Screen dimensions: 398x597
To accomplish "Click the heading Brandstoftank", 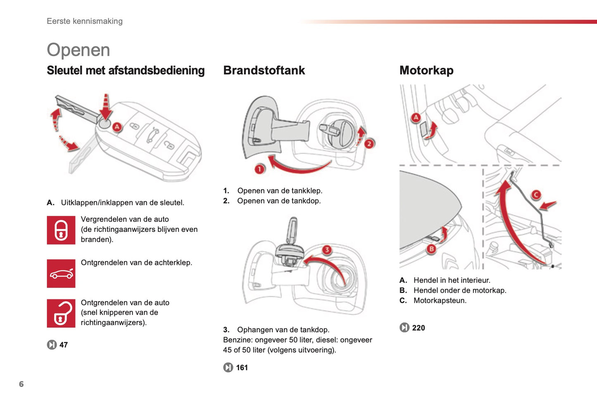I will tap(264, 70).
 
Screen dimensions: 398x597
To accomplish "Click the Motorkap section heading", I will tap(426, 70).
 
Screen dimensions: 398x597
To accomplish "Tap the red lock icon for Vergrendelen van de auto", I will tap(61, 230).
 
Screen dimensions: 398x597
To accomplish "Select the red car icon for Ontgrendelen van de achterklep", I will tap(61, 274).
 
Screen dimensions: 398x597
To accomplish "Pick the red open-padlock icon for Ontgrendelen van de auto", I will tap(61, 313).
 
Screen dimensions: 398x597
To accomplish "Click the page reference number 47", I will tap(64, 345).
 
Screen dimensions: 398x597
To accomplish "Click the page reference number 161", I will tap(242, 367).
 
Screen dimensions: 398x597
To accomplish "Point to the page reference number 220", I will tap(418, 328).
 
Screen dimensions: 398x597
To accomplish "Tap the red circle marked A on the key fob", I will tap(117, 127).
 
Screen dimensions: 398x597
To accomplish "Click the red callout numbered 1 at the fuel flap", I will tap(259, 169).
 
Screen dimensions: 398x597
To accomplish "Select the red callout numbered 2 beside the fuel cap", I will tap(369, 143).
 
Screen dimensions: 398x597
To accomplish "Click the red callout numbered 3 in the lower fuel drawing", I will tap(327, 250).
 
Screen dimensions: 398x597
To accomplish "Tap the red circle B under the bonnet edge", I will tap(431, 249).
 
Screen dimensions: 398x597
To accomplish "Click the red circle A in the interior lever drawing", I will tap(416, 117).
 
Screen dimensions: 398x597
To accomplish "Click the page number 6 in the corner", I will tap(21, 384).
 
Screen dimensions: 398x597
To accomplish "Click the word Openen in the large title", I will tap(78, 50).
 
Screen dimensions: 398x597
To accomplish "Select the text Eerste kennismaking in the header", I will tap(85, 21).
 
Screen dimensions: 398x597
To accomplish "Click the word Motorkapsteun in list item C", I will tap(440, 300).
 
